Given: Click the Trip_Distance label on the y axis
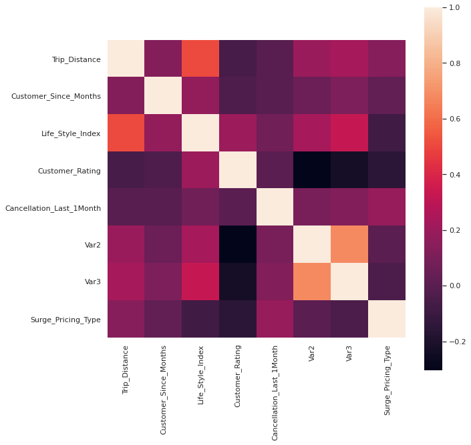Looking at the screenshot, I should click(x=76, y=59).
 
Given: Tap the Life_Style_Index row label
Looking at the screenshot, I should click(x=71, y=134).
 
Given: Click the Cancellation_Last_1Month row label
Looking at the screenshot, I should click(x=53, y=208).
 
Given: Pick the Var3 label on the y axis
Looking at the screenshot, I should click(x=92, y=282).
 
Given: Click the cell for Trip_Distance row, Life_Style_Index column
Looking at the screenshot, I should click(x=200, y=59).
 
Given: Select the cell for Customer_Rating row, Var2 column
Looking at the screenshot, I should click(x=312, y=171).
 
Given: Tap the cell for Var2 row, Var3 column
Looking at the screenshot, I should click(x=349, y=245).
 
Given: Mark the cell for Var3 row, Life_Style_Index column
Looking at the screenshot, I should click(x=200, y=282).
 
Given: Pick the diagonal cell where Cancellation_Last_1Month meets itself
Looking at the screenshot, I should click(x=275, y=208).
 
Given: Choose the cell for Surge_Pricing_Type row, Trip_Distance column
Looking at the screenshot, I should click(x=126, y=320).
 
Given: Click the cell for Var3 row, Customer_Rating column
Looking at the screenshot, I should click(x=238, y=282).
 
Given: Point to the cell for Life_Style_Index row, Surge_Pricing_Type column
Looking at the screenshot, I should click(x=387, y=134).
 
